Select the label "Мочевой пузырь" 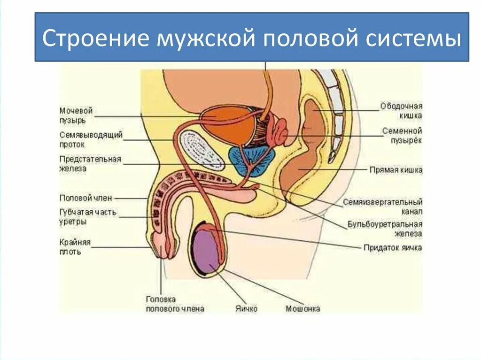[76, 115]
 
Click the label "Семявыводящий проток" [91, 139]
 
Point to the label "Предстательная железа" [90, 164]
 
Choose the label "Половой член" [86, 198]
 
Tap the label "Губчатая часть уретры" [88, 216]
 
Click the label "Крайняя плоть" [75, 247]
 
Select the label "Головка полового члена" [175, 304]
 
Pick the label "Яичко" [246, 309]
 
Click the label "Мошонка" [303, 309]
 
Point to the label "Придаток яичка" [393, 247]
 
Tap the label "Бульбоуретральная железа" [385, 229]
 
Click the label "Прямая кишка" [396, 170]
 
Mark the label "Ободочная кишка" [402, 111]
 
